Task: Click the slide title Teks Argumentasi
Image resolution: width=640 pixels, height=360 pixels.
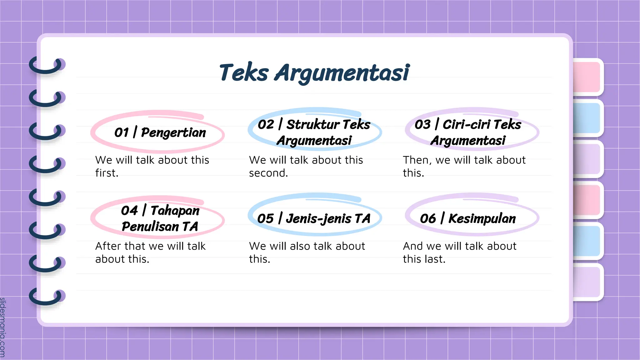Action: coord(314,73)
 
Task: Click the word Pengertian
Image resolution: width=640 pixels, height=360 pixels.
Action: coord(173,133)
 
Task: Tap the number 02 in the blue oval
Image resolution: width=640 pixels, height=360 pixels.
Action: coord(266,125)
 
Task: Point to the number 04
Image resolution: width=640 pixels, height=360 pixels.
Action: coord(129,211)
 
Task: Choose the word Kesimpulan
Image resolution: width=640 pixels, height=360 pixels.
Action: coord(482,219)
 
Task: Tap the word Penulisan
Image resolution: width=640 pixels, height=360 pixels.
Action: coord(150,227)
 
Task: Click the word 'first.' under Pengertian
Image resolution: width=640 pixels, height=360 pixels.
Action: coord(107,173)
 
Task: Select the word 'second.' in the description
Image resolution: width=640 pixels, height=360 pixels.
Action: coord(268,173)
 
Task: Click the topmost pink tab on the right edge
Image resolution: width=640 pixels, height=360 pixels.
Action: coord(587,77)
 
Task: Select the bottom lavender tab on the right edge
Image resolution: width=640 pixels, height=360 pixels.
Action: coord(587,282)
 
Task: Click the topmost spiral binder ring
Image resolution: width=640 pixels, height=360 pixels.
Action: coord(47,66)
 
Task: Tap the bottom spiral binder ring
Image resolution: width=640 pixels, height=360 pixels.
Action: coord(47,297)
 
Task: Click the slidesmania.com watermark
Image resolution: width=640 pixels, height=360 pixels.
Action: coord(3,327)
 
